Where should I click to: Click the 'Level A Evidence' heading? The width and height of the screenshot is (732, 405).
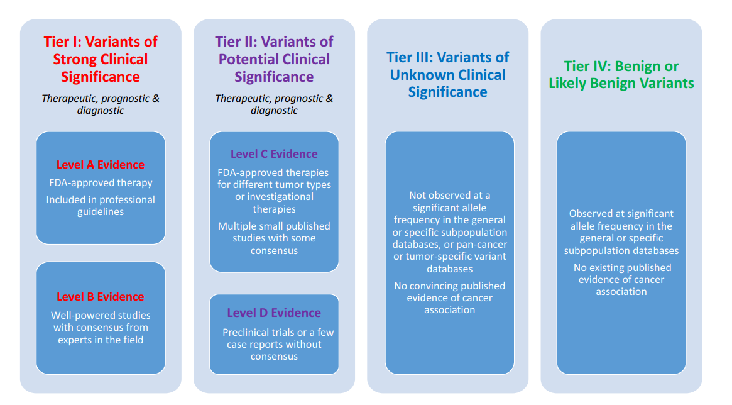pyautogui.click(x=101, y=165)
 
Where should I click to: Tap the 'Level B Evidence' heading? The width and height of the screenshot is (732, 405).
pyautogui.click(x=101, y=297)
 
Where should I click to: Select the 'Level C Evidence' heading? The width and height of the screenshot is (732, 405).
pyautogui.click(x=274, y=154)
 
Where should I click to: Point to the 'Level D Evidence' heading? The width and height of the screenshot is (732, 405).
pyautogui.click(x=274, y=313)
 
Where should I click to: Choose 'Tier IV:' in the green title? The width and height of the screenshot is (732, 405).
pyautogui.click(x=588, y=66)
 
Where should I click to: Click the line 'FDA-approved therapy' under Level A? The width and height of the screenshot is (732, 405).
pyautogui.click(x=101, y=183)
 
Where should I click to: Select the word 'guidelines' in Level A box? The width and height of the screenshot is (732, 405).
pyautogui.click(x=101, y=212)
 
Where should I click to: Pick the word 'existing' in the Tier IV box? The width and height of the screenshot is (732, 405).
pyautogui.click(x=608, y=268)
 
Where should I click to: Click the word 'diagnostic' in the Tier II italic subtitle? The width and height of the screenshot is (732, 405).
pyautogui.click(x=274, y=110)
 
